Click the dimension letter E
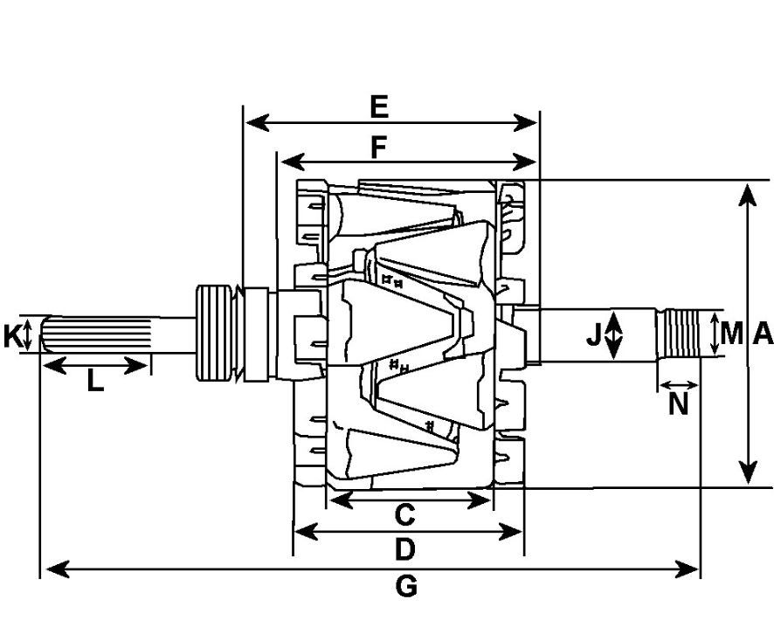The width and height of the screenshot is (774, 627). click(x=378, y=107)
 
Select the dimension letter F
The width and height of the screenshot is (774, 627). click(x=377, y=148)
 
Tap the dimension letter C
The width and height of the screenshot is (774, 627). click(x=404, y=515)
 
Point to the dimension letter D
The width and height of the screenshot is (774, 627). click(x=404, y=549)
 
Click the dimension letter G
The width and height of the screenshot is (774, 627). click(x=406, y=586)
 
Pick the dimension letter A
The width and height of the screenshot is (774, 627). click(x=762, y=333)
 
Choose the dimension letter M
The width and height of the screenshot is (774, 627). click(x=732, y=333)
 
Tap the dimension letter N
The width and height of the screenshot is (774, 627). click(x=679, y=403)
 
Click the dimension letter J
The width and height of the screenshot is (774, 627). click(x=594, y=334)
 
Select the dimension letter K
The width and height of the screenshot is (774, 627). click(x=12, y=336)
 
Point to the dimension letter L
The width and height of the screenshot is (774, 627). click(x=94, y=382)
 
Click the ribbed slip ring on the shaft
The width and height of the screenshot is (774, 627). click(x=216, y=333)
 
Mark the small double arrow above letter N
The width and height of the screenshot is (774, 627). click(x=679, y=384)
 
